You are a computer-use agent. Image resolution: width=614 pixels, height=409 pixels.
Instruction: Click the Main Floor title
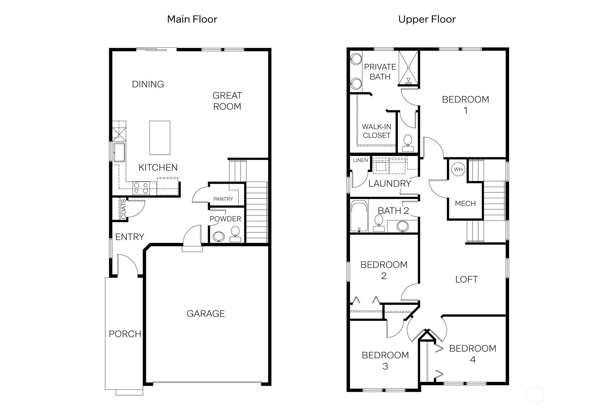pyautogui.click(x=192, y=19)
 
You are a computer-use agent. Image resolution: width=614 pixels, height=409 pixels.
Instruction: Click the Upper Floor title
pyautogui.click(x=427, y=19)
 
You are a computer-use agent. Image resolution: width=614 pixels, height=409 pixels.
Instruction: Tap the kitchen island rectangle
pyautogui.click(x=160, y=138)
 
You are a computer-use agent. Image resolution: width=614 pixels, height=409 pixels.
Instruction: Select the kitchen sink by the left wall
pyautogui.click(x=119, y=152)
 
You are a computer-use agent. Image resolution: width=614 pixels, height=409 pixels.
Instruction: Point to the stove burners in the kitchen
pyautogui.click(x=141, y=188)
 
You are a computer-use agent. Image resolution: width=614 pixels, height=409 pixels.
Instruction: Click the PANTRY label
pyautogui.click(x=223, y=199)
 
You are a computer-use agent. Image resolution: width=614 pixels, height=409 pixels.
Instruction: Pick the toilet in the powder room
pyautogui.click(x=235, y=234)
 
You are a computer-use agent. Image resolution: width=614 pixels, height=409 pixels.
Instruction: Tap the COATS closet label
pyautogui.click(x=123, y=209)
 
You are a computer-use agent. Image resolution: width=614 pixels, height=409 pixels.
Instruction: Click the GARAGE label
pyautogui.click(x=206, y=314)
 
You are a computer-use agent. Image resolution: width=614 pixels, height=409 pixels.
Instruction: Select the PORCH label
pyautogui.click(x=125, y=334)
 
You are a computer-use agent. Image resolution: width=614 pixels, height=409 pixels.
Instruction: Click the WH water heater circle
pyautogui.click(x=458, y=169)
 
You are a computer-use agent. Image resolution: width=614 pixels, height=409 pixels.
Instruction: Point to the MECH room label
pyautogui.click(x=465, y=204)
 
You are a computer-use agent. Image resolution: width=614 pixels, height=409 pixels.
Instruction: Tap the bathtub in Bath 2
pyautogui.click(x=359, y=216)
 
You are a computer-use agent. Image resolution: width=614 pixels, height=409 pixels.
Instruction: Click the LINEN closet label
pyautogui.click(x=360, y=160)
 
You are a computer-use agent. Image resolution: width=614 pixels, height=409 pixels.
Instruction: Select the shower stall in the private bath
pyautogui.click(x=408, y=68)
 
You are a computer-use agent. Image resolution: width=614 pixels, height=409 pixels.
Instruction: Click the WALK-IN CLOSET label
pyautogui.click(x=376, y=131)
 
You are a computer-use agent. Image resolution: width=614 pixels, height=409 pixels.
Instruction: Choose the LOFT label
pyautogui.click(x=466, y=279)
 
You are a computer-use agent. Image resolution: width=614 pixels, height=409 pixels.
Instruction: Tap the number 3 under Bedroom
pyautogui.click(x=385, y=366)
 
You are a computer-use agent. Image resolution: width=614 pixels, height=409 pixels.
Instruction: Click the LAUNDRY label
pyautogui.click(x=390, y=184)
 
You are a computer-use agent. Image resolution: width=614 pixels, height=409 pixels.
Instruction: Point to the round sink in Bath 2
pyautogui.click(x=402, y=227)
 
